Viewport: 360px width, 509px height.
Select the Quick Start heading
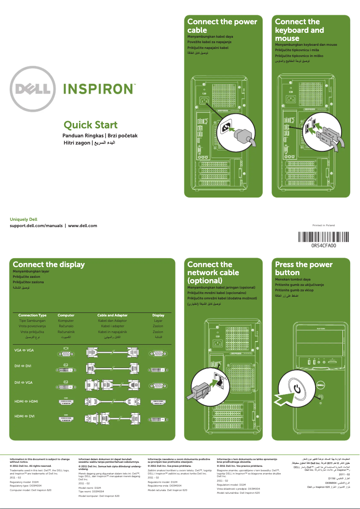(91, 125)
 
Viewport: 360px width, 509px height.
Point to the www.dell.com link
(83, 225)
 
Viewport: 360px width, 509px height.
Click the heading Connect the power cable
(222, 26)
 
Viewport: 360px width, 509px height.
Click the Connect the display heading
(48, 264)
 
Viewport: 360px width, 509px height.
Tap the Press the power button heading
(303, 268)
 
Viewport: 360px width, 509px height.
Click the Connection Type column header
(32, 316)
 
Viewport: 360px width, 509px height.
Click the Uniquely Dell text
(23, 219)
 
